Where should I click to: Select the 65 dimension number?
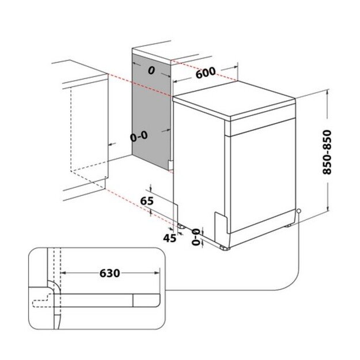147,201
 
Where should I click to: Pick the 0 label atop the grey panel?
151,70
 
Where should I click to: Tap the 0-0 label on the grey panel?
139,137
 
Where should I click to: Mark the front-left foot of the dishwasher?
223,246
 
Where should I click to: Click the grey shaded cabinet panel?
151,109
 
